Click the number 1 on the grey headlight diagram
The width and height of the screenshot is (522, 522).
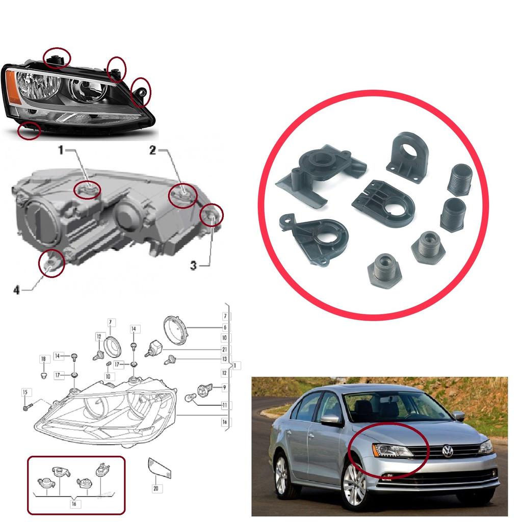60,150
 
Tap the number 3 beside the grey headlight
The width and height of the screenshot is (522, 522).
194,265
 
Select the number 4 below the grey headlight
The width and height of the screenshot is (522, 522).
16,290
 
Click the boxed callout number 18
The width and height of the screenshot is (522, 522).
43,359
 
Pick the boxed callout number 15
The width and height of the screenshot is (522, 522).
24,392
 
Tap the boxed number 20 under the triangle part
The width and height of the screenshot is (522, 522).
156,488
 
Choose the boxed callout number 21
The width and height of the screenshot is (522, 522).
224,349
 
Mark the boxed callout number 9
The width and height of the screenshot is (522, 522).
224,388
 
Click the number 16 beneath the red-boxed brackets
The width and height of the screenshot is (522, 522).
74,504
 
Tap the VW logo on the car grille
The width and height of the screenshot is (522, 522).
448,451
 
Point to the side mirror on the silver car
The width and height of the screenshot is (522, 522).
330,420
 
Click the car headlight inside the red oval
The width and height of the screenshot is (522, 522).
391,450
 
